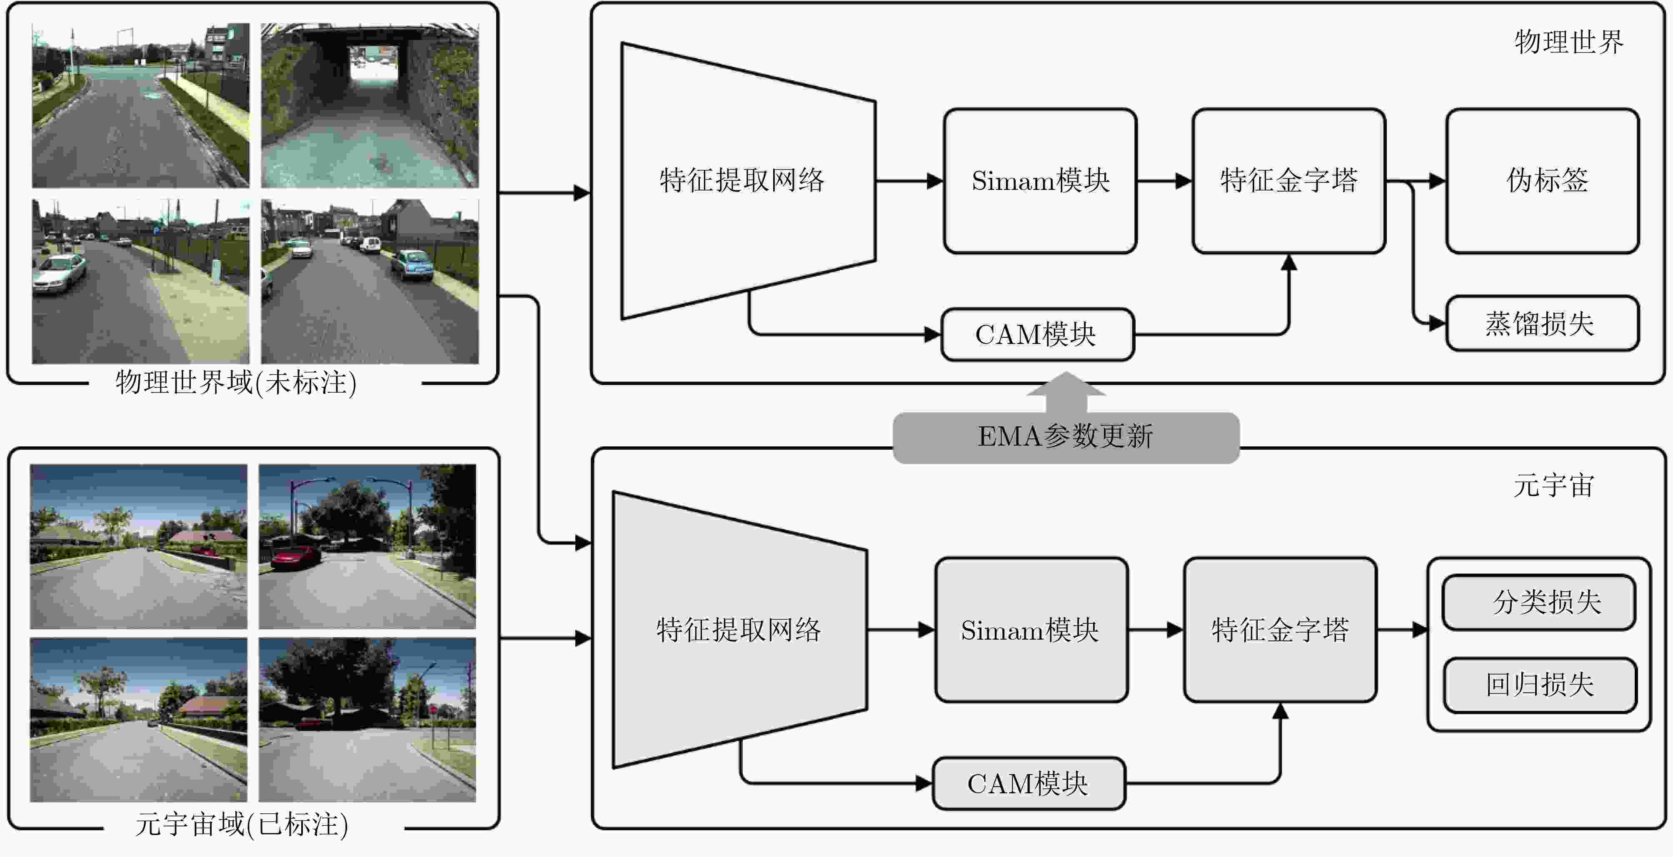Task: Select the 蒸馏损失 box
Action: [1543, 323]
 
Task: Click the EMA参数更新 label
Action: [1066, 436]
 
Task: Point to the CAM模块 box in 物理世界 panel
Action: [1037, 334]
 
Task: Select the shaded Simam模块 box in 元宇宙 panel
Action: [1031, 630]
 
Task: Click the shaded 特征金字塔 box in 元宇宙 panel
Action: [1280, 630]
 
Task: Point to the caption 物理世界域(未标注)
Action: [236, 382]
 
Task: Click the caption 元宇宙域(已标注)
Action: [242, 825]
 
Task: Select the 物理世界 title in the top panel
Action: [1569, 42]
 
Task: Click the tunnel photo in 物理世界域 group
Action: [370, 105]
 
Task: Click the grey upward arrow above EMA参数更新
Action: [1066, 392]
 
